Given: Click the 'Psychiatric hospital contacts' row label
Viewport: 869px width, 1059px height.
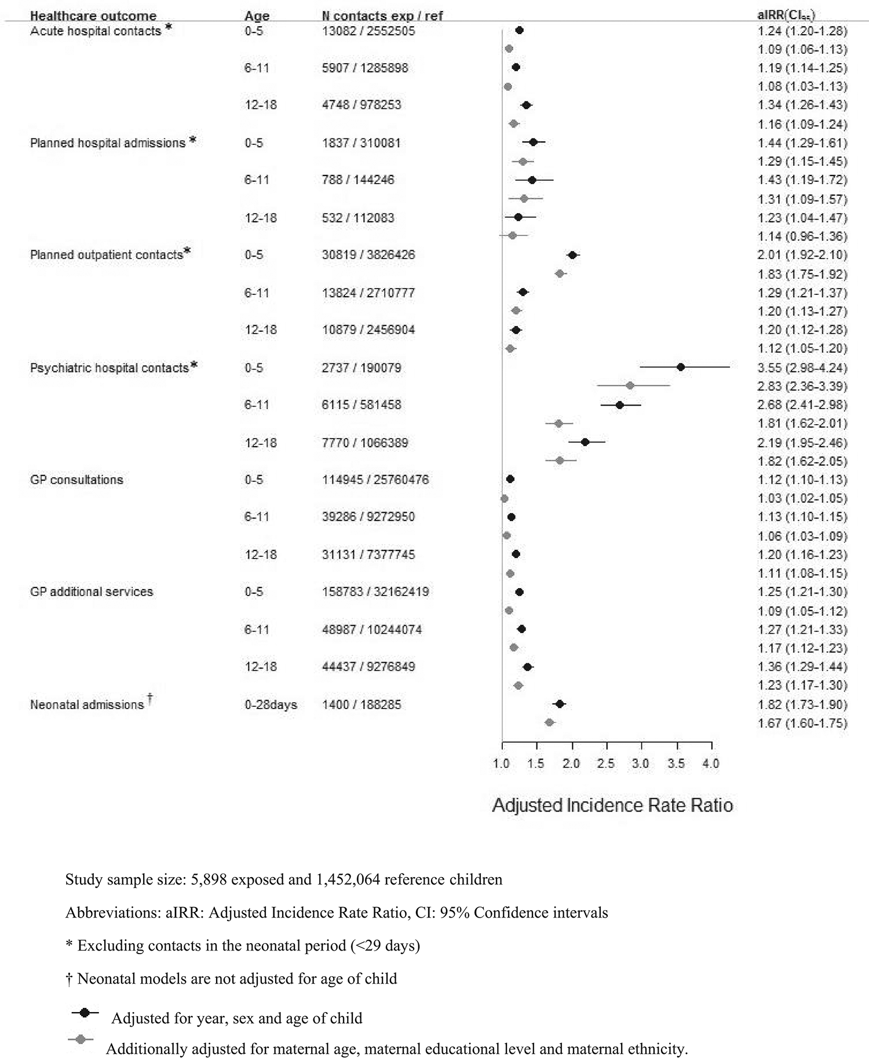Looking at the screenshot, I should (109, 368).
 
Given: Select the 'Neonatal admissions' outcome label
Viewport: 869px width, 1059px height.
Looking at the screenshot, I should (87, 704).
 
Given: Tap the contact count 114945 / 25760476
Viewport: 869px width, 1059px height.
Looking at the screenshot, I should (375, 480).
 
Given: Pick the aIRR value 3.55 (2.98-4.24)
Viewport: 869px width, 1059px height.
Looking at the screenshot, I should (802, 368).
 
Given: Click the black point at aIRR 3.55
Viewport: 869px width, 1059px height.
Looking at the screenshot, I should (681, 367).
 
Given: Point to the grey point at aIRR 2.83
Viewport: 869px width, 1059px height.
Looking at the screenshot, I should (630, 385).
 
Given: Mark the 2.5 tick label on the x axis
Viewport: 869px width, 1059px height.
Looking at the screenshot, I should (606, 764).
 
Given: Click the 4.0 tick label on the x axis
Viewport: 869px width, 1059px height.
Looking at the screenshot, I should (711, 764).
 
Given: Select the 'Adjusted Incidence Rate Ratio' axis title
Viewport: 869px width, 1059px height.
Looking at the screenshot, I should (612, 805).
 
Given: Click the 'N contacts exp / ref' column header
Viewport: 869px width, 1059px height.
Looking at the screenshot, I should (382, 16).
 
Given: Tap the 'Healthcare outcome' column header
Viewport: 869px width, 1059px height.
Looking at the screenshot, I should (93, 16).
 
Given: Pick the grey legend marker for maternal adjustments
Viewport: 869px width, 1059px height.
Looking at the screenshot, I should (81, 1040).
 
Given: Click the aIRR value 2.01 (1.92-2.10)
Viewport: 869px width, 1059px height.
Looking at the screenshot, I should (802, 255).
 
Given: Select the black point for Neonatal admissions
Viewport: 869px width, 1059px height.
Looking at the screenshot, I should (559, 704).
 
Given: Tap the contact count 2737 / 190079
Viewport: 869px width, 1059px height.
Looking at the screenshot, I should (362, 368).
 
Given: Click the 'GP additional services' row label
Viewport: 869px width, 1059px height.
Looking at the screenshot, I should (92, 591).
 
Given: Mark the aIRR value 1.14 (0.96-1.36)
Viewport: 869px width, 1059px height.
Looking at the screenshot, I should (802, 236).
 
